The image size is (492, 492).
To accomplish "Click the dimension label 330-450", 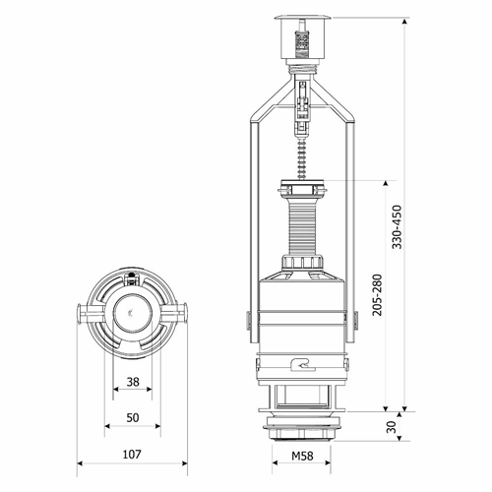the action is (398, 227).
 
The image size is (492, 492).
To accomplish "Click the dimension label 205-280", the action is (378, 295).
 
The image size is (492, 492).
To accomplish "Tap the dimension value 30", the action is (392, 427).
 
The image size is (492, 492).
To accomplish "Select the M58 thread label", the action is (302, 456).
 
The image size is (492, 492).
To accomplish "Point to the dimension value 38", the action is (133, 382).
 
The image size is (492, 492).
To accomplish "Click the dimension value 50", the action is (133, 418).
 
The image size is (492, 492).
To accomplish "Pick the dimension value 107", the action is (132, 455).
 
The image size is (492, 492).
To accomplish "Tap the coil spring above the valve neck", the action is (302, 157).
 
